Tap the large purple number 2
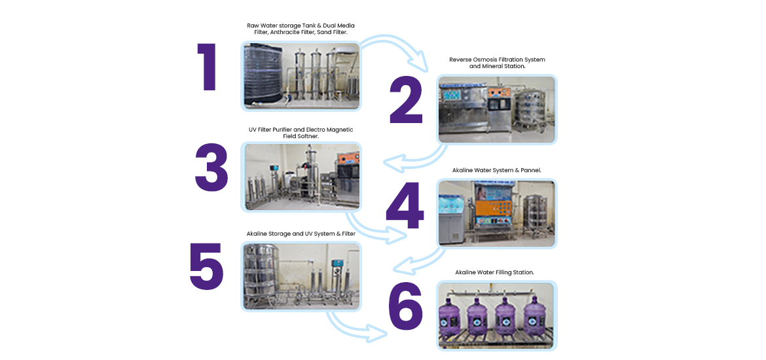point(406,101)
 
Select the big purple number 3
point(211,168)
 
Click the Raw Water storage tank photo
point(301,76)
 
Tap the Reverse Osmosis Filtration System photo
point(497,109)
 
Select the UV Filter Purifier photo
point(301,177)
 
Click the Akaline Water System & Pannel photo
point(497,213)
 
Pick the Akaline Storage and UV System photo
point(301,276)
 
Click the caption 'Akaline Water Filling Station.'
point(495,272)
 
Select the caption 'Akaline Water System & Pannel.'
point(496,170)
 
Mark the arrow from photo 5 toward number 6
point(357,327)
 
